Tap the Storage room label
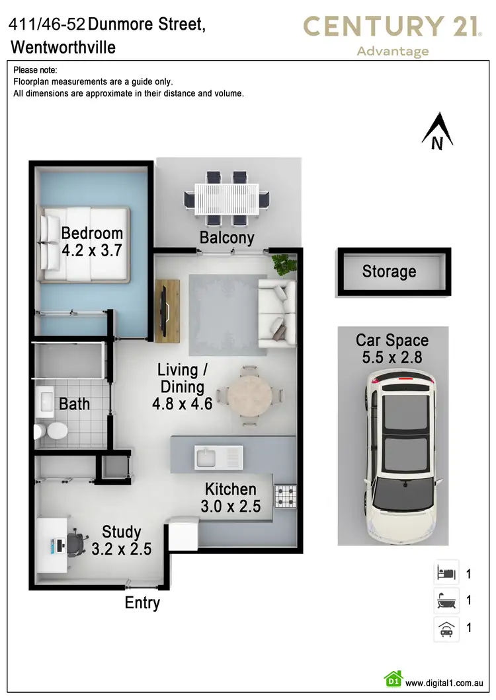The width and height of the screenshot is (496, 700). (x=389, y=271)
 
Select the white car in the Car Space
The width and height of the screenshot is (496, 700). (x=401, y=456)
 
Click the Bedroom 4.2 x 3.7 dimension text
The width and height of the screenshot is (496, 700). (x=93, y=251)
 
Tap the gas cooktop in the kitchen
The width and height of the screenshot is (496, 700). (x=286, y=496)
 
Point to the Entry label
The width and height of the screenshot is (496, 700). (x=142, y=603)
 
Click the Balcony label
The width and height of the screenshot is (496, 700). (x=227, y=238)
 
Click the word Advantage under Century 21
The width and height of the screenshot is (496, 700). (x=393, y=52)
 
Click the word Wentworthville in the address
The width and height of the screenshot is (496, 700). (x=63, y=48)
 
